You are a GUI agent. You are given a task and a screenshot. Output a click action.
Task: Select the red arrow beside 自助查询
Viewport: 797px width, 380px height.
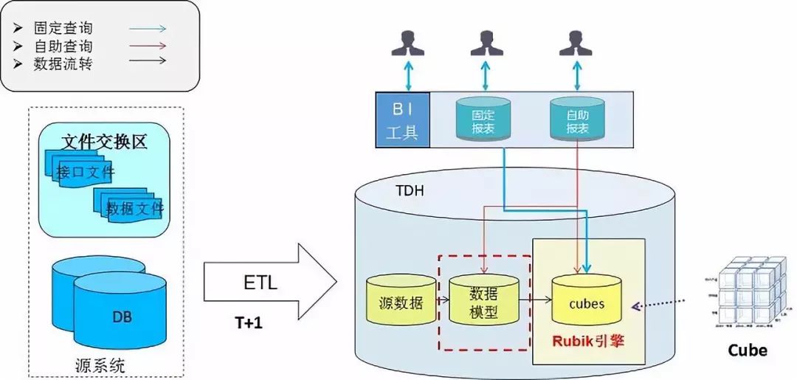coord(148,46)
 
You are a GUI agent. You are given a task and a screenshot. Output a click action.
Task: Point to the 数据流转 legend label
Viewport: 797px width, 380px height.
coord(63,63)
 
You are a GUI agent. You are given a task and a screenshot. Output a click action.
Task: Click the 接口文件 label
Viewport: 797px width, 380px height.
coord(85,173)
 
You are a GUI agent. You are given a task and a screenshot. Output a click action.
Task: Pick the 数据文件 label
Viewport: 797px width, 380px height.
coord(135,209)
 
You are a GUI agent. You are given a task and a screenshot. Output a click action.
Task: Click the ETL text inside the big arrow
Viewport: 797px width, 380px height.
coord(261,283)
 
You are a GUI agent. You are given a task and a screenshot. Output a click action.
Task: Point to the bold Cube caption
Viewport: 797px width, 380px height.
coord(748,350)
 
